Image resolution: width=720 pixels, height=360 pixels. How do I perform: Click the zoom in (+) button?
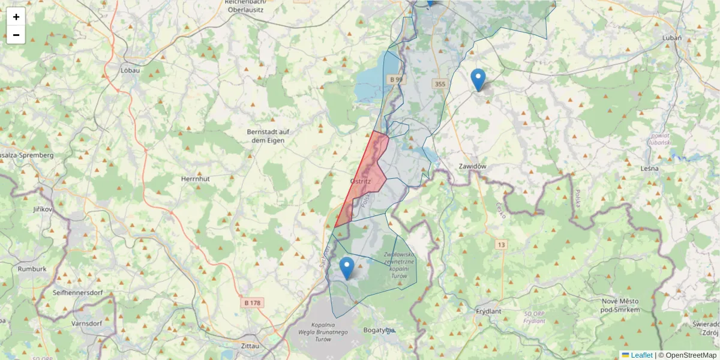16,17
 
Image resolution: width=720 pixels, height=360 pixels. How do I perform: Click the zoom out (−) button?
16,35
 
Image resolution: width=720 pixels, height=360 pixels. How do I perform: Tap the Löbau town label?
130,70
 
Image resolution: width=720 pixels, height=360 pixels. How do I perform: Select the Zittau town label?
248,346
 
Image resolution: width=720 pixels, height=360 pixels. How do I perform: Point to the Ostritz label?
361,181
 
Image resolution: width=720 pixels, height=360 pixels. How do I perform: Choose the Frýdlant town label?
488,312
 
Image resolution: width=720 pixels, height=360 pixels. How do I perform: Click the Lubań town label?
671,37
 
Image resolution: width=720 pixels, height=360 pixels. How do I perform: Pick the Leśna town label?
649,168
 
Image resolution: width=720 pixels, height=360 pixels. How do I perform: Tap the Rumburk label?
32,269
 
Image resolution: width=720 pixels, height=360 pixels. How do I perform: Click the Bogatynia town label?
378,330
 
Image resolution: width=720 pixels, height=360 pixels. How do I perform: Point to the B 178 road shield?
253,303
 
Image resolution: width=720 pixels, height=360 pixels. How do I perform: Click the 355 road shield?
440,84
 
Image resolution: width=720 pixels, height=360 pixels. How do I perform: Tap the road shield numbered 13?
501,244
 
